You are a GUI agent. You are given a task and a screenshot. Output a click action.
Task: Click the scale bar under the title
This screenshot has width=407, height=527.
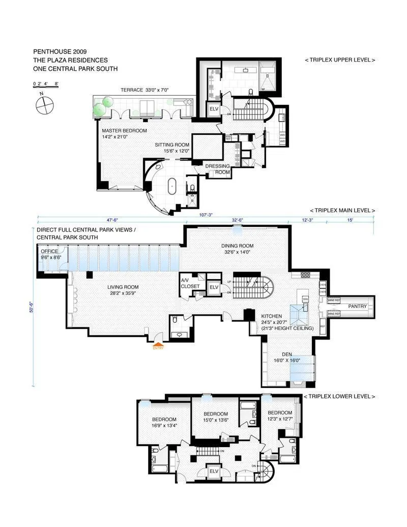[46, 87]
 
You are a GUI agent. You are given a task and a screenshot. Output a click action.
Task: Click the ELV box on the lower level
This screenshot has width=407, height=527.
[214, 471]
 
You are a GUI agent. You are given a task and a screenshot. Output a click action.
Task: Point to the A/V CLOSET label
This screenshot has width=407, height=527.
[190, 283]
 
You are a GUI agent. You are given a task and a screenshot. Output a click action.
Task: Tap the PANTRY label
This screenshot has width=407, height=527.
[358, 307]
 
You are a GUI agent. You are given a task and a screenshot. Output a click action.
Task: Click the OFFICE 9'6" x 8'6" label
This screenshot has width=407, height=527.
[50, 254]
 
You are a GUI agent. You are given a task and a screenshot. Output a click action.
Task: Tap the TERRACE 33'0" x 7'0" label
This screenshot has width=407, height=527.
[144, 90]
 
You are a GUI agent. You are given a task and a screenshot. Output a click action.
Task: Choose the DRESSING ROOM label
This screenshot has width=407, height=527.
[217, 169]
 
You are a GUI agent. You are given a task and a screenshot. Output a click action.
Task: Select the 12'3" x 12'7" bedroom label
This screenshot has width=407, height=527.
[280, 415]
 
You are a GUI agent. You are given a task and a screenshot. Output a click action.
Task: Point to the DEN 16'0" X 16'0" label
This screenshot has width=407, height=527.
[287, 357]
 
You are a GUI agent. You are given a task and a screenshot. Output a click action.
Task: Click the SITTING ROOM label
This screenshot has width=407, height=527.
[172, 148]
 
